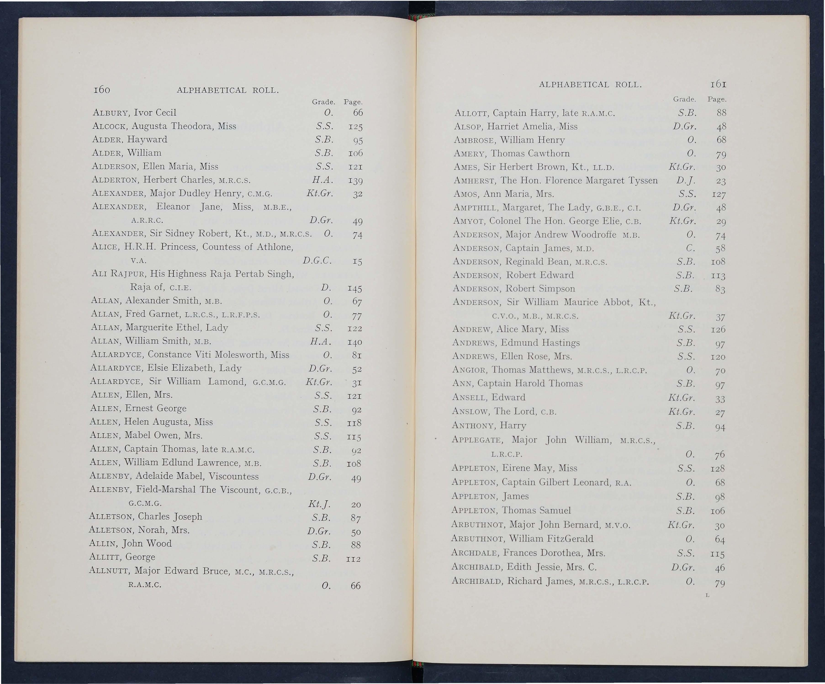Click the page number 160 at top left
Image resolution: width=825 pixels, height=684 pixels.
102,90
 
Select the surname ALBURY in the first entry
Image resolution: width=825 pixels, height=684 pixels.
111,113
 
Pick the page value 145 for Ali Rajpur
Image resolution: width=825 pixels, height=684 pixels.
355,289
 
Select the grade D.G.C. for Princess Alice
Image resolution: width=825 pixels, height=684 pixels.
317,261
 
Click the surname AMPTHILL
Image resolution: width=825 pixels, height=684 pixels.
475,208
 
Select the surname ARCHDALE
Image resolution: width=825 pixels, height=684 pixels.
475,553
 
